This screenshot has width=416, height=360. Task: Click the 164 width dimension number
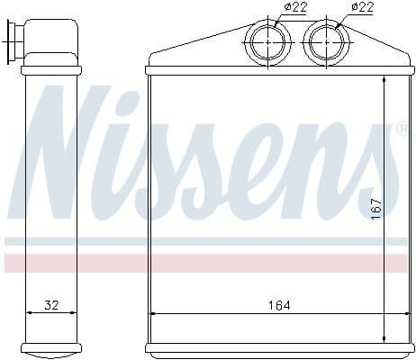[x=279, y=305]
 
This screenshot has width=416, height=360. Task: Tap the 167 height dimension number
[x=376, y=209]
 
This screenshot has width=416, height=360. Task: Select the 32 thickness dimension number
[x=51, y=305]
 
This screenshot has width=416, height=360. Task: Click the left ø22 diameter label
[x=295, y=7]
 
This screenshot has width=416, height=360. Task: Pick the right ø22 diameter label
[x=362, y=7]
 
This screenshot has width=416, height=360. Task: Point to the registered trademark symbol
[x=402, y=128]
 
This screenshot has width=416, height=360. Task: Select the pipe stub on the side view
[x=15, y=42]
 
